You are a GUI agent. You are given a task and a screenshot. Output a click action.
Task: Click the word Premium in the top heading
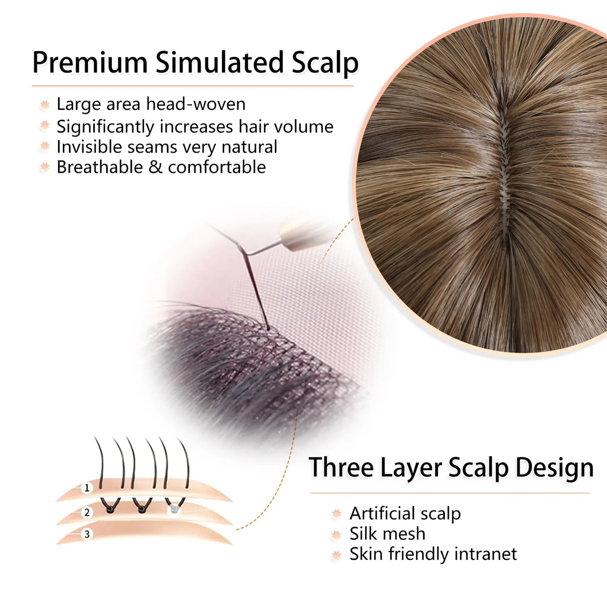click(90, 62)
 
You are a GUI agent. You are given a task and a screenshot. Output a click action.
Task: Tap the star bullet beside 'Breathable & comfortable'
click(45, 167)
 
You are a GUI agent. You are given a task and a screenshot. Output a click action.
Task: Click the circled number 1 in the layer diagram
click(87, 488)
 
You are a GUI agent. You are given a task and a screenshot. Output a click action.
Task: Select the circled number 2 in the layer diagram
click(87, 512)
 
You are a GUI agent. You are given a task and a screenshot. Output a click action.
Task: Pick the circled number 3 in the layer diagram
click(87, 534)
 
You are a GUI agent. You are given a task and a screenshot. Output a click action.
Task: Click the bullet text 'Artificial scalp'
click(405, 513)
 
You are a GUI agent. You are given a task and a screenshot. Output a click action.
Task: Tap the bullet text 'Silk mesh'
click(387, 534)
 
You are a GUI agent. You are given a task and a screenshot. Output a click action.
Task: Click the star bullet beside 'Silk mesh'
click(336, 534)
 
